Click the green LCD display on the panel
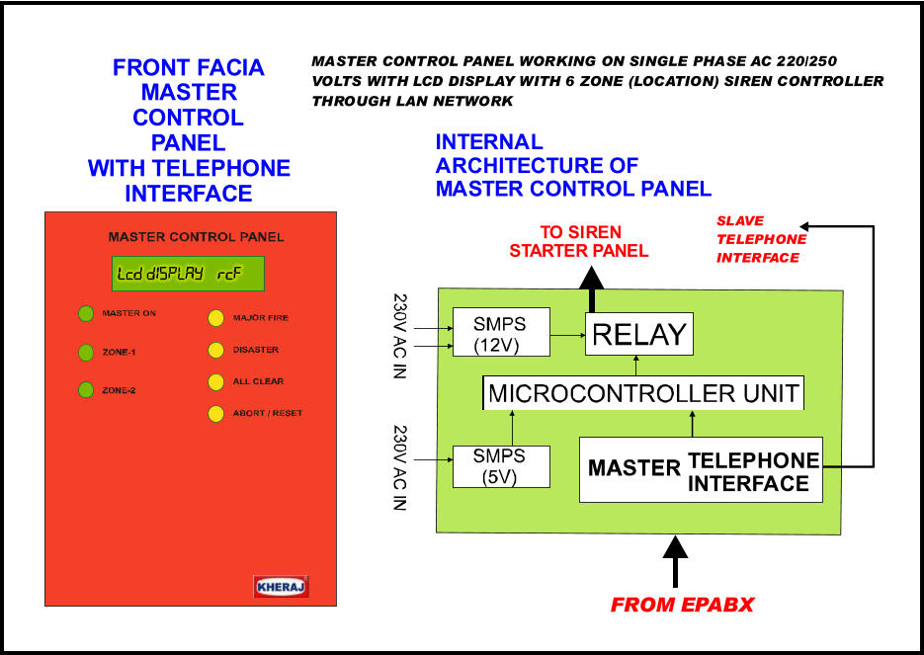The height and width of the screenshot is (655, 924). click(x=188, y=274)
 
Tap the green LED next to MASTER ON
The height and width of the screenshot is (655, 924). click(x=86, y=313)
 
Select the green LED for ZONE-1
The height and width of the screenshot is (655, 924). click(x=86, y=353)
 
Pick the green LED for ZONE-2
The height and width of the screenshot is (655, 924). click(x=86, y=390)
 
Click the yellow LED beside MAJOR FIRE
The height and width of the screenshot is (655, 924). click(x=216, y=318)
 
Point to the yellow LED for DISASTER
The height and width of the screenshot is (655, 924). click(x=216, y=350)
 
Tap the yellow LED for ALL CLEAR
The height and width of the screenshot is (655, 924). click(x=216, y=381)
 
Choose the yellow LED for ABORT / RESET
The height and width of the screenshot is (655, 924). click(x=216, y=414)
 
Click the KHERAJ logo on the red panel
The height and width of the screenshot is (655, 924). click(x=281, y=587)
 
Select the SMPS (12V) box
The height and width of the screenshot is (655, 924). click(x=501, y=332)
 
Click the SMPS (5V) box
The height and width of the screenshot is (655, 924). click(x=501, y=466)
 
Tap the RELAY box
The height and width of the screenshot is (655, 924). click(x=638, y=334)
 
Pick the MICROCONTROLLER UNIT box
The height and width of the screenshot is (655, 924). click(x=643, y=393)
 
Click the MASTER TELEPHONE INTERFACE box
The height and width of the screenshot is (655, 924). click(x=701, y=469)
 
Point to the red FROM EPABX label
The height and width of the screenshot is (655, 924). click(x=683, y=605)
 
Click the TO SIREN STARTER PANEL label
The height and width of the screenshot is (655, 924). click(x=579, y=241)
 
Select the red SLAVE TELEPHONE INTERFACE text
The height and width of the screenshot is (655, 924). click(x=761, y=239)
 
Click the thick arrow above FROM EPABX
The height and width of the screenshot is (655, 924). click(x=675, y=561)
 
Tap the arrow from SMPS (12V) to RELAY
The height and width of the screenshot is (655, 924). click(x=567, y=335)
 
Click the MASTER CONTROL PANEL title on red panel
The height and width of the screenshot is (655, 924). click(x=196, y=237)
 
